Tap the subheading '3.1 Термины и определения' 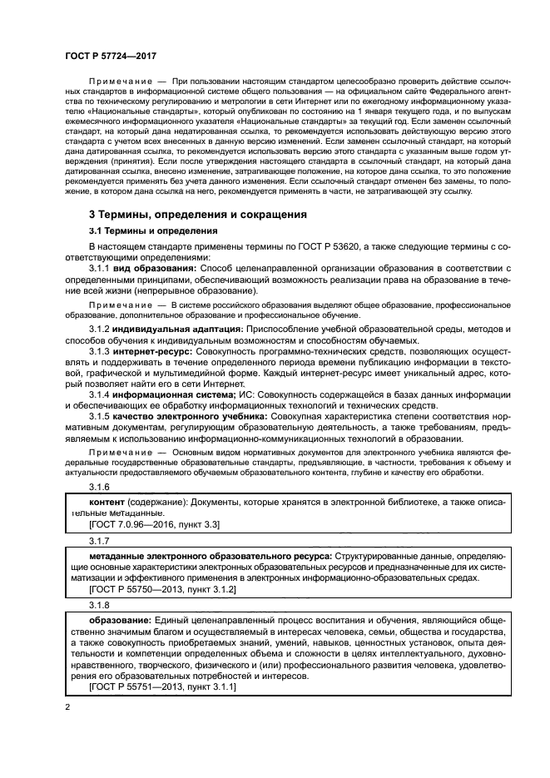[153, 231]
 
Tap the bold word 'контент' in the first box [107, 503]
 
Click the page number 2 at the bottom [68, 707]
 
